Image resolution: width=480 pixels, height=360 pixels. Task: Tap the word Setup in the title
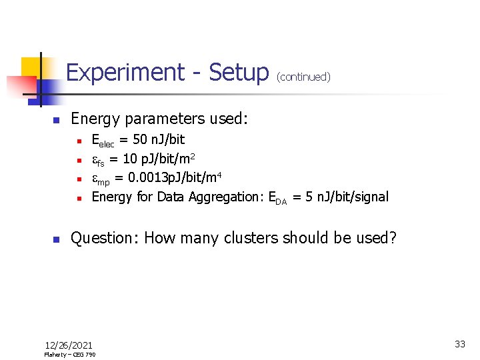click(x=238, y=72)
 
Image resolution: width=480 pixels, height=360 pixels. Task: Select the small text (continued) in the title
click(x=303, y=77)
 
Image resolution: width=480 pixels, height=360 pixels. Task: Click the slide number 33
click(x=460, y=344)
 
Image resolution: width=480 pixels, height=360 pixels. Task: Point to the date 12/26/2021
click(x=69, y=345)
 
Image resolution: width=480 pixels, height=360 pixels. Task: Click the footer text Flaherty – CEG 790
click(x=69, y=355)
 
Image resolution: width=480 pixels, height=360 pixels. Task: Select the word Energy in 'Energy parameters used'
click(x=95, y=119)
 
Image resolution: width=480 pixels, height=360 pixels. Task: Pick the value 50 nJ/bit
click(x=159, y=139)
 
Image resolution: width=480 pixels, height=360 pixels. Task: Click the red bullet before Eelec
click(x=78, y=141)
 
